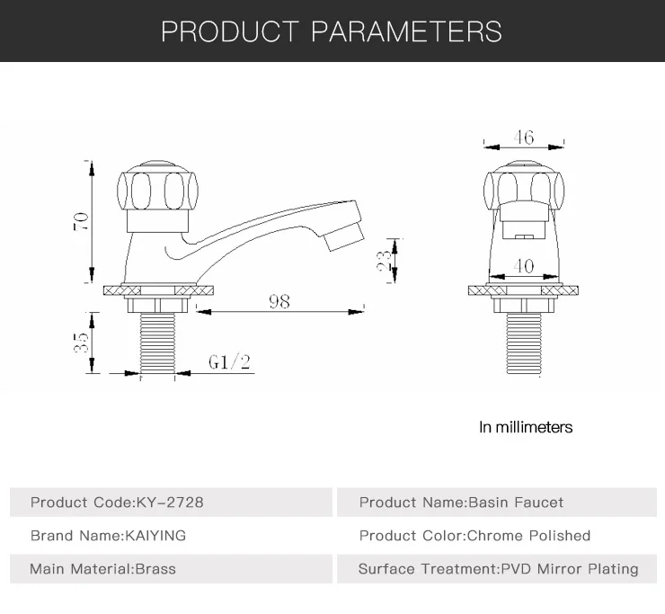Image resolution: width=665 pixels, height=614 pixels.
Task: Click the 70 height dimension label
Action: [x=81, y=221]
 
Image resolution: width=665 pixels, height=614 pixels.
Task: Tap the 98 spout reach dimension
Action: [x=279, y=301]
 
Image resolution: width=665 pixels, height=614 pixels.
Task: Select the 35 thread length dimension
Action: [x=81, y=343]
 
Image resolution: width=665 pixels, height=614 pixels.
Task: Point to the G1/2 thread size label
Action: [x=229, y=362]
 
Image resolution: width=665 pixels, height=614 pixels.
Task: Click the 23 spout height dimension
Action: [x=384, y=261]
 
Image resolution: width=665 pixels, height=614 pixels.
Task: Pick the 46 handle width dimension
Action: [x=524, y=137]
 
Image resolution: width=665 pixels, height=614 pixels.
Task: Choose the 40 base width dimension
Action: [x=523, y=266]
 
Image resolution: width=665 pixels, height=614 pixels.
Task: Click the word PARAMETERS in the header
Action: [x=407, y=31]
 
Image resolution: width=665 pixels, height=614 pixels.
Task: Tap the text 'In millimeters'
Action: [x=526, y=427]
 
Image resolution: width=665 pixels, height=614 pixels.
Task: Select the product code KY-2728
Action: [x=170, y=503]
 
